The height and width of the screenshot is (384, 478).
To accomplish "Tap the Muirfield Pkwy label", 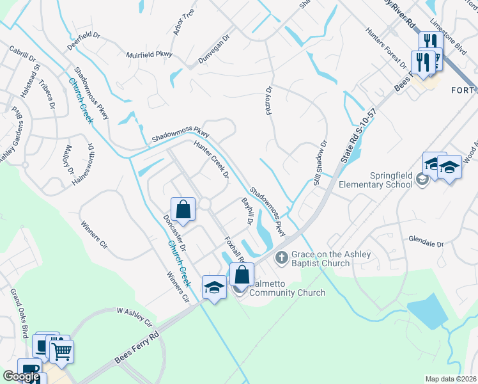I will [x=150, y=55].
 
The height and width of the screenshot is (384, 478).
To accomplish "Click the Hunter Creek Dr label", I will [x=212, y=161].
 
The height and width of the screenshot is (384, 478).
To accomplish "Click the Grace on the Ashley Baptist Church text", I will [x=330, y=259].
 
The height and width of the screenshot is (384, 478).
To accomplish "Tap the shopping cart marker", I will [x=61, y=351].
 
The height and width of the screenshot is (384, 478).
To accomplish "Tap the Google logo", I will [x=21, y=376].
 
